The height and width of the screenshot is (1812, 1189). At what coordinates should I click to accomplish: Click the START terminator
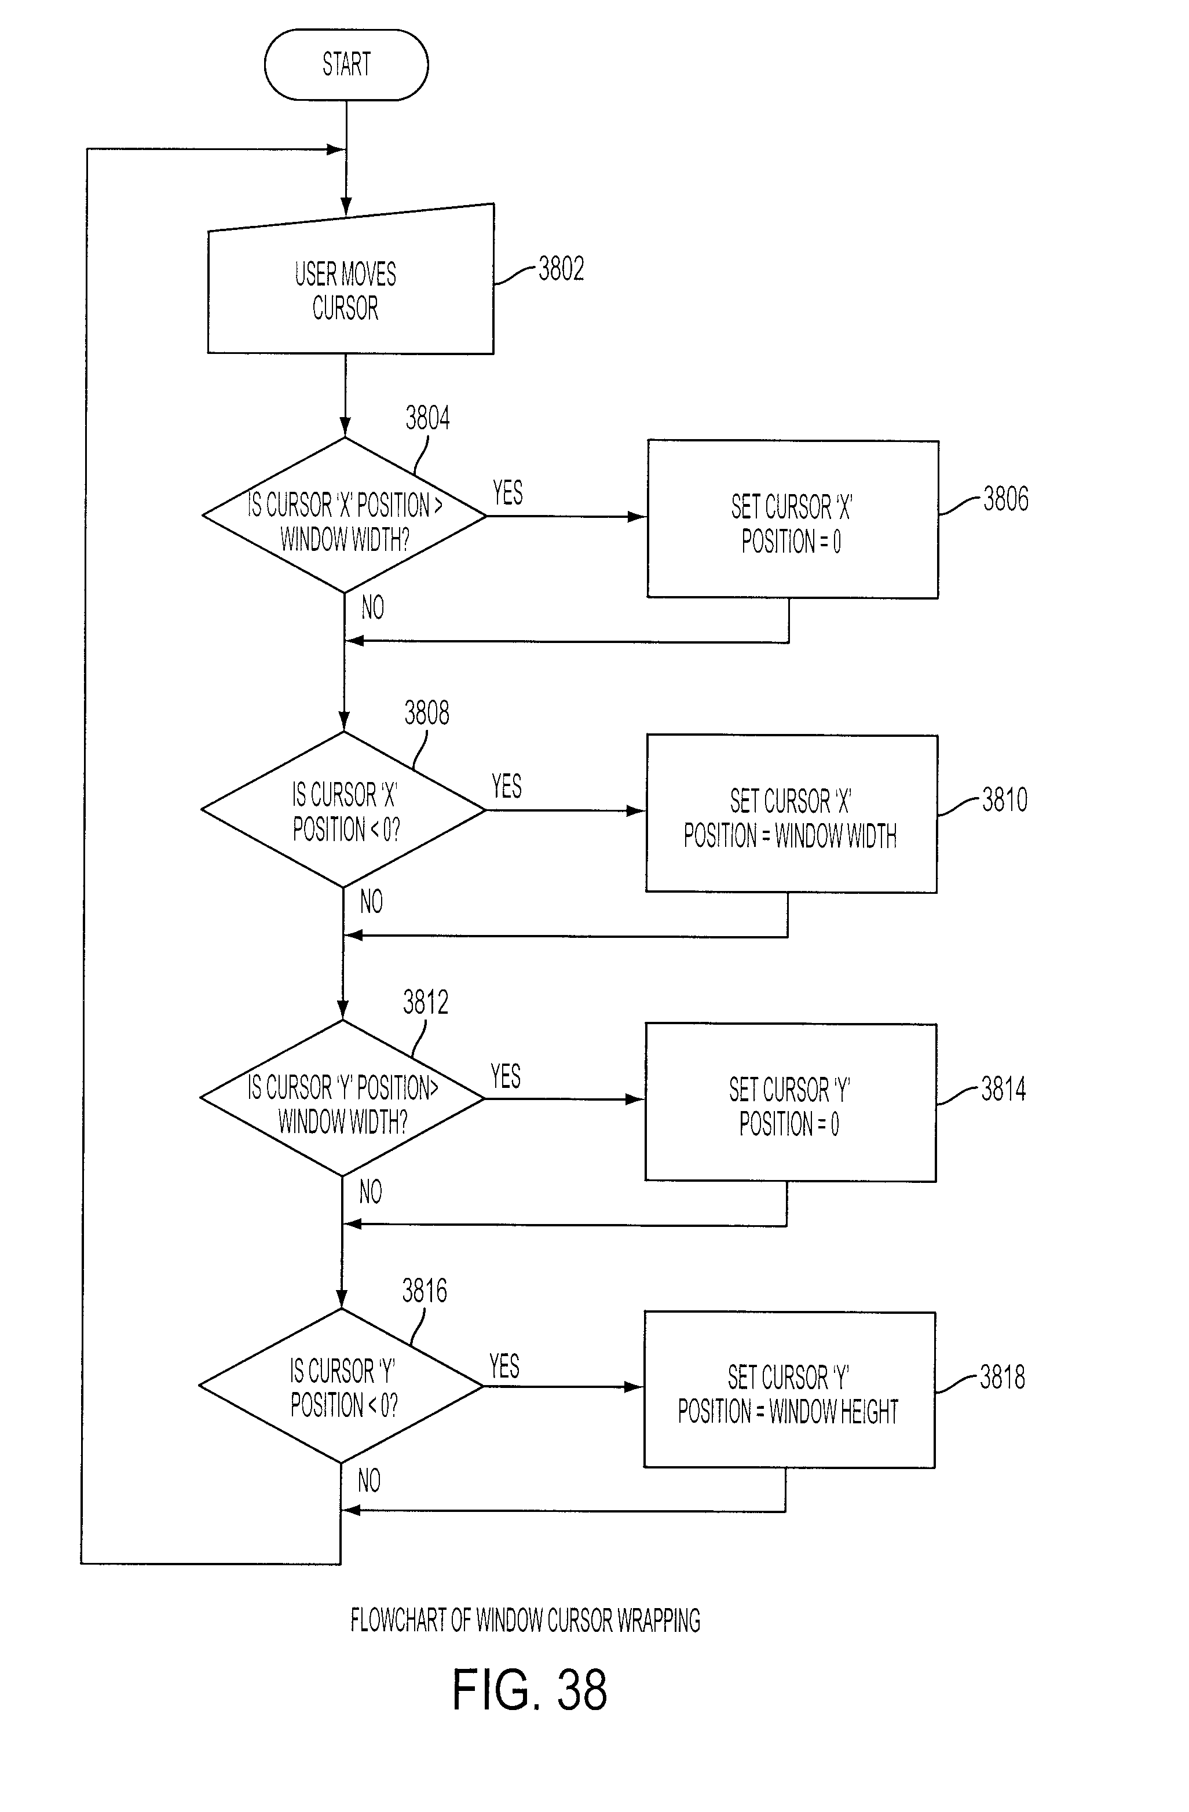pyautogui.click(x=346, y=65)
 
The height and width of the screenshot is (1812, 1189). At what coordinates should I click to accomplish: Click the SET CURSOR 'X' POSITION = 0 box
pyautogui.click(x=792, y=519)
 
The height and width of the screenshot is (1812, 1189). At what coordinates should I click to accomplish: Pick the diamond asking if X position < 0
pyautogui.click(x=343, y=809)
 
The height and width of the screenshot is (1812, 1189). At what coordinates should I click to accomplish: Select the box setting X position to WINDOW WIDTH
pyautogui.click(x=792, y=814)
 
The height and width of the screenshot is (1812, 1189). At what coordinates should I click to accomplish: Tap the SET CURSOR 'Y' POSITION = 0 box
pyautogui.click(x=791, y=1102)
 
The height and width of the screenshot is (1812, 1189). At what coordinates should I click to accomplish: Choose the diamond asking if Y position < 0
pyautogui.click(x=341, y=1386)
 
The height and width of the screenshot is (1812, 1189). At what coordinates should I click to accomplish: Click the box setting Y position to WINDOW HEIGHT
pyautogui.click(x=789, y=1390)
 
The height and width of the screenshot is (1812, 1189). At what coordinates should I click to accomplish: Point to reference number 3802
pyautogui.click(x=561, y=269)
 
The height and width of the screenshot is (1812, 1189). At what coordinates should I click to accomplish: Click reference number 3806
pyautogui.click(x=1005, y=499)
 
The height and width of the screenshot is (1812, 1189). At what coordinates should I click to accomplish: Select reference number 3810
pyautogui.click(x=1005, y=799)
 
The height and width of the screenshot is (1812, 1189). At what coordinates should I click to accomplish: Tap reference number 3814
pyautogui.click(x=1003, y=1088)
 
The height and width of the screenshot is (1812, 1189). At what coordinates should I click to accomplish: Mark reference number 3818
pyautogui.click(x=1003, y=1376)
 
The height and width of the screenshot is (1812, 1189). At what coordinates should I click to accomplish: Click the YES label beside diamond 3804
pyautogui.click(x=508, y=492)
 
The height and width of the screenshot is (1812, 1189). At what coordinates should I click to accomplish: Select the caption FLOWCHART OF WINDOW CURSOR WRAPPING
pyautogui.click(x=525, y=1620)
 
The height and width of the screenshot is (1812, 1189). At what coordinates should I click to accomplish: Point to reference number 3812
pyautogui.click(x=426, y=1002)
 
